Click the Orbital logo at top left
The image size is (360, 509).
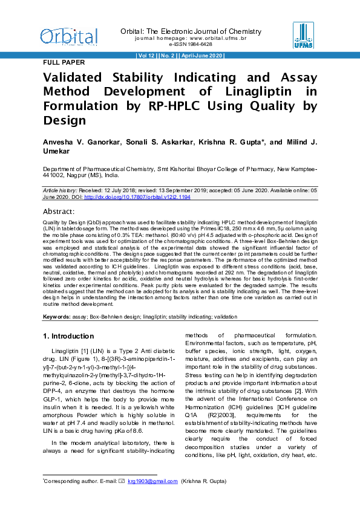[x=68, y=37]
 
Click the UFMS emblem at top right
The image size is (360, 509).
[x=303, y=35]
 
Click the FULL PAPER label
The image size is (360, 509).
[x=64, y=62]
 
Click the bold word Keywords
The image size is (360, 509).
[x=56, y=316]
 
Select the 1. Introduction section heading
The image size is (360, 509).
[x=68, y=336]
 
